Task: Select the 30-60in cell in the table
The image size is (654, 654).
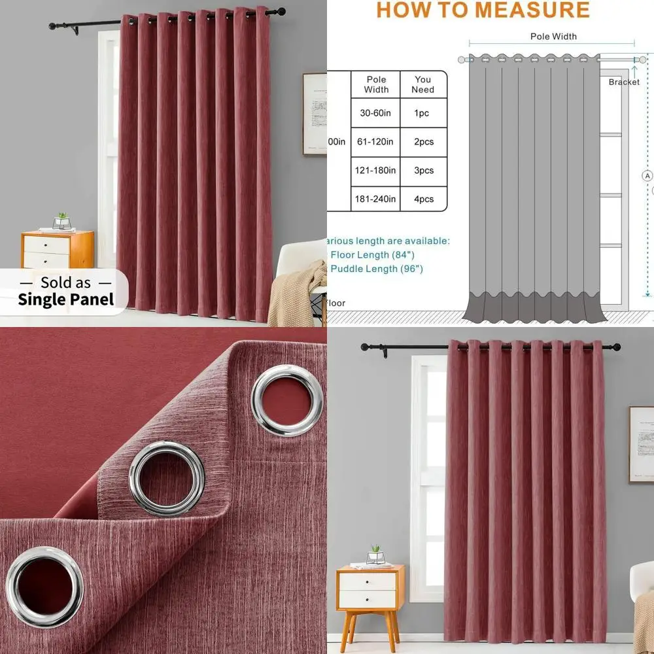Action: pyautogui.click(x=375, y=113)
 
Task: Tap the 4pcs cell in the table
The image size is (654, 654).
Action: pyautogui.click(x=423, y=199)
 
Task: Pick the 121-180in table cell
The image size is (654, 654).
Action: pyautogui.click(x=375, y=171)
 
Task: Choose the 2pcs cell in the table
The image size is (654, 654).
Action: pyautogui.click(x=423, y=142)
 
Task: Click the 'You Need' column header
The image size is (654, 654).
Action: pyautogui.click(x=423, y=84)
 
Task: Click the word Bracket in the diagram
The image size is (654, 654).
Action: pyautogui.click(x=624, y=82)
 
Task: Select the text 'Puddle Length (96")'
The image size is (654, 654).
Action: pyautogui.click(x=377, y=269)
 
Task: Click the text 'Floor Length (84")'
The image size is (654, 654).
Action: pyautogui.click(x=373, y=254)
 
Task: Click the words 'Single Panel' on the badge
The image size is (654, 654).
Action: pyautogui.click(x=65, y=300)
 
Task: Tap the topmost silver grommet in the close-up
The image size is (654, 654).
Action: pyautogui.click(x=287, y=400)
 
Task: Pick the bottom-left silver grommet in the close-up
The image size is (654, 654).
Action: pyautogui.click(x=44, y=586)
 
